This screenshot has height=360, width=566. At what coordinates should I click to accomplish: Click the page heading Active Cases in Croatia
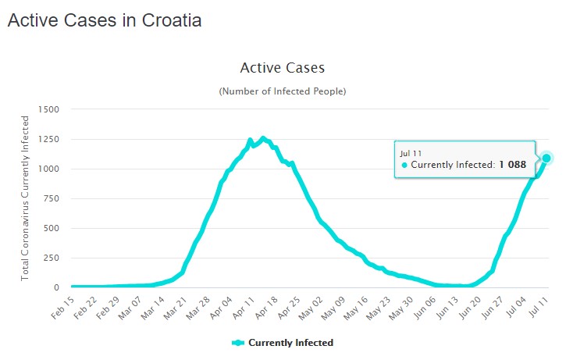tap(105, 21)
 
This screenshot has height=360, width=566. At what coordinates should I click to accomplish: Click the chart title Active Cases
tap(282, 68)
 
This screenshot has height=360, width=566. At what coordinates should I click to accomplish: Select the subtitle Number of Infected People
tap(282, 91)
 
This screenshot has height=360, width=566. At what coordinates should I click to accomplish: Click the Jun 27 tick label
tap(489, 305)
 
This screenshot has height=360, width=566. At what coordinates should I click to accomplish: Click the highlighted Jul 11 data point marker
tap(546, 158)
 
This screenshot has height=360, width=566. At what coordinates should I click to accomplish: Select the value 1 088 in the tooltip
tap(513, 165)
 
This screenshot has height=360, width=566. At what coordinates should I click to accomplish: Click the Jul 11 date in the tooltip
tap(412, 151)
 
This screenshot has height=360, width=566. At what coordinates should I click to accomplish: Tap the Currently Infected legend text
tap(291, 343)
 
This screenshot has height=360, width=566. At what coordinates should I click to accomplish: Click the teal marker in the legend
tap(238, 343)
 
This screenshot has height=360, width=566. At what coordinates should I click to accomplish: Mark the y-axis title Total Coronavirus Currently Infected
tap(25, 198)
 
